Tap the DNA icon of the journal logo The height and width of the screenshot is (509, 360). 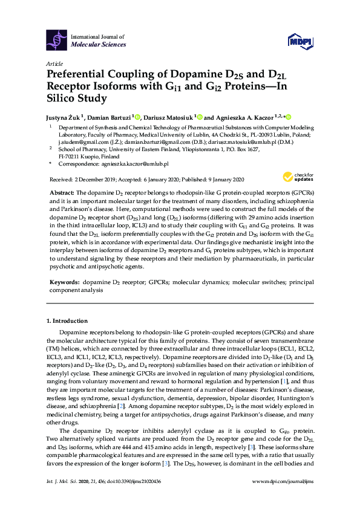[x=57, y=40]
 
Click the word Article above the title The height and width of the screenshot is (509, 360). [x=54, y=63]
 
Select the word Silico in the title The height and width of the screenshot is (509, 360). [x=62, y=98]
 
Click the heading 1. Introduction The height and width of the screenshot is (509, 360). [x=67, y=320]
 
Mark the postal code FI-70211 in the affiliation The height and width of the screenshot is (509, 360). [x=71, y=155]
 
